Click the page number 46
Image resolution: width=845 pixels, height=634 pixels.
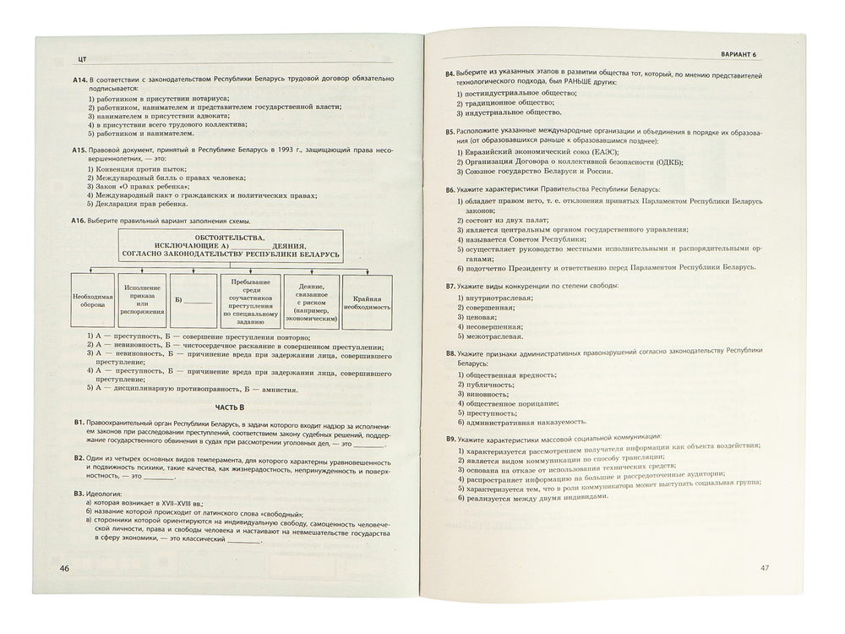64,568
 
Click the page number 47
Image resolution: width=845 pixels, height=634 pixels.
766,567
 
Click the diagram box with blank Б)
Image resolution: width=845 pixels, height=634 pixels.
193,300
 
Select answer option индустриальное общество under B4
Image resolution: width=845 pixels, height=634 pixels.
510,112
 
